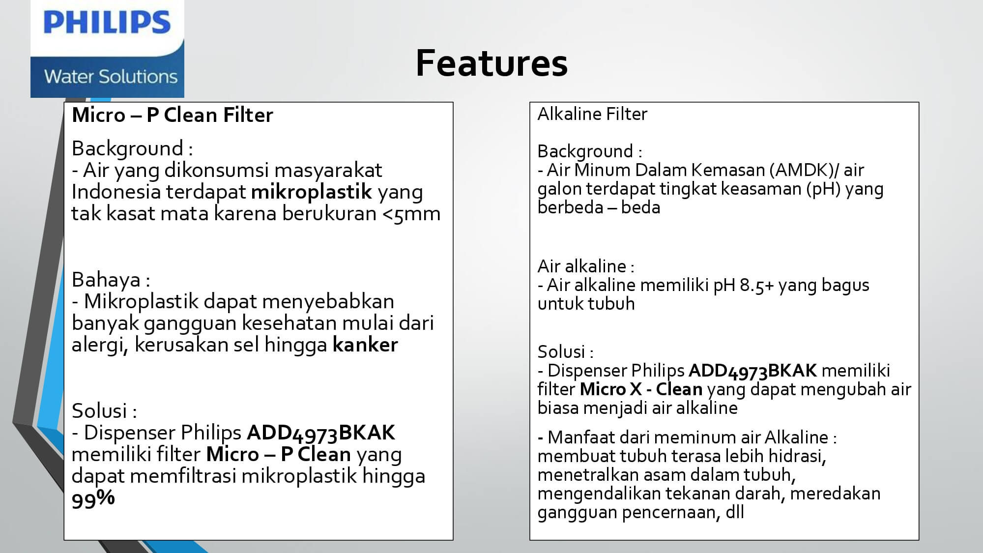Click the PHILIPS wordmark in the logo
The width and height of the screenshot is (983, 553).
[107, 23]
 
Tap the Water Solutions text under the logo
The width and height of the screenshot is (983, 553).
[111, 77]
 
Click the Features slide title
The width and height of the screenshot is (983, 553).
[491, 63]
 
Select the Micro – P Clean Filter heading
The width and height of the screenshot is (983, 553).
[172, 115]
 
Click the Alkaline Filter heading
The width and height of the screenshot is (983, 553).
[592, 114]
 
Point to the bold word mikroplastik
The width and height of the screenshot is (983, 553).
[312, 192]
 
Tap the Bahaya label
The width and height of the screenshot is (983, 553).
[111, 280]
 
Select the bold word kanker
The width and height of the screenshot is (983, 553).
[365, 345]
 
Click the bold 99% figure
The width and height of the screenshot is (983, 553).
[93, 498]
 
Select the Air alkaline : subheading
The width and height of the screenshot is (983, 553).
[586, 266]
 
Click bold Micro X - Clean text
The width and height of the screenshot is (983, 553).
[641, 389]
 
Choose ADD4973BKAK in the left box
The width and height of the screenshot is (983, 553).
[320, 433]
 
